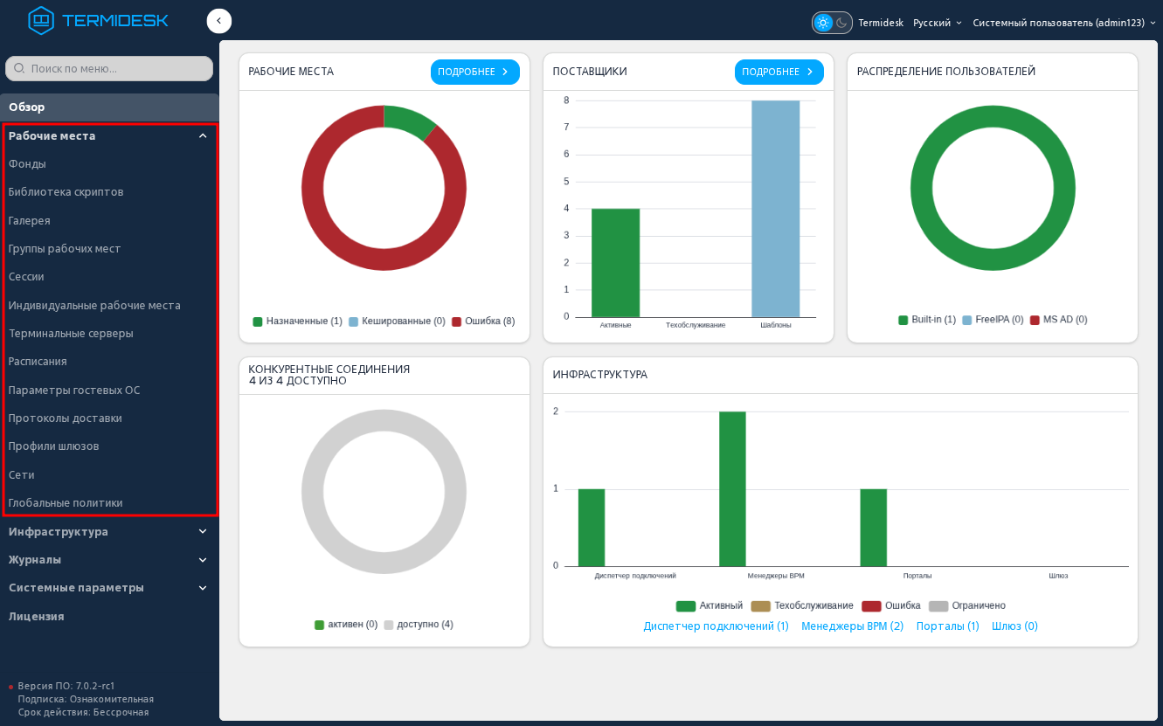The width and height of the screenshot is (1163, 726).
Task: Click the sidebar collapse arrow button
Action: tap(218, 21)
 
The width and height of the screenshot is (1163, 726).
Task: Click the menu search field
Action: tap(109, 68)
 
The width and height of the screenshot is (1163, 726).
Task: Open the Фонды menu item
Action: tap(27, 164)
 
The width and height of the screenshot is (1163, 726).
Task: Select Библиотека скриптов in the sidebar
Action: tap(66, 192)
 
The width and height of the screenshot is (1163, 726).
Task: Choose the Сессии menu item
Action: tap(26, 277)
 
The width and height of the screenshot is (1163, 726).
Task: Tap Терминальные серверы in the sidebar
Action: tap(71, 333)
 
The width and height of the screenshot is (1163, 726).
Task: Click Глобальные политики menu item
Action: tap(66, 503)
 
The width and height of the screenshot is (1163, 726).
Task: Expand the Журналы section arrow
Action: tap(203, 560)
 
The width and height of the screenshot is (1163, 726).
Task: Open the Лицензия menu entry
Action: tap(37, 617)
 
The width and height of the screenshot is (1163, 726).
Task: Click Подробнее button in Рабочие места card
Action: tap(474, 72)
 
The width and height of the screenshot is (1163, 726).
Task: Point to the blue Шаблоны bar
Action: tap(775, 209)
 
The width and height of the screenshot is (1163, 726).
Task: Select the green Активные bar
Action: tap(615, 263)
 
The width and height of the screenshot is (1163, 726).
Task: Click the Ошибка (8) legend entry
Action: tap(483, 322)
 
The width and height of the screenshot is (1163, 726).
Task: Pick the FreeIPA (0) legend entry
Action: tap(993, 320)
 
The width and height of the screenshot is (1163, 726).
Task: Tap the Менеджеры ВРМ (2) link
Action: tap(852, 626)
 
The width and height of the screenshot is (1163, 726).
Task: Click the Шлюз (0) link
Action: tap(1014, 626)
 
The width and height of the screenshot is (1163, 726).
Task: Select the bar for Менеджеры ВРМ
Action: tap(732, 489)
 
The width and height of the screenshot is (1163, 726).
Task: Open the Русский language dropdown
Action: tap(938, 23)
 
